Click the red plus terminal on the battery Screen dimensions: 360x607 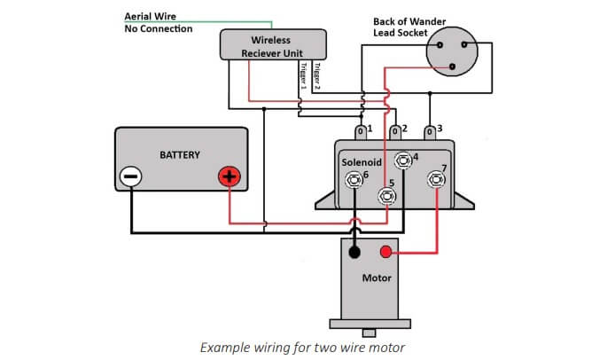click(230, 176)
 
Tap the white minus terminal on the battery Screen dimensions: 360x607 click(130, 176)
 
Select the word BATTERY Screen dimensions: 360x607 click(180, 155)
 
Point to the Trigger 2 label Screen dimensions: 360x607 click(316, 76)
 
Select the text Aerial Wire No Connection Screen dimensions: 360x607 click(159, 22)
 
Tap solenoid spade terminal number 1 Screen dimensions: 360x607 click(361, 132)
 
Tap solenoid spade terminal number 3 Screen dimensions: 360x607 click(431, 132)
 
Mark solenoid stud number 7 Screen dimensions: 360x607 click(437, 180)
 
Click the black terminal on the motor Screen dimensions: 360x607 click(354, 253)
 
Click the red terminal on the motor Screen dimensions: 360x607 click(386, 253)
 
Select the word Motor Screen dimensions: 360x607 click(377, 278)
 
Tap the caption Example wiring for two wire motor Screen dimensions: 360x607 click(303, 345)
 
